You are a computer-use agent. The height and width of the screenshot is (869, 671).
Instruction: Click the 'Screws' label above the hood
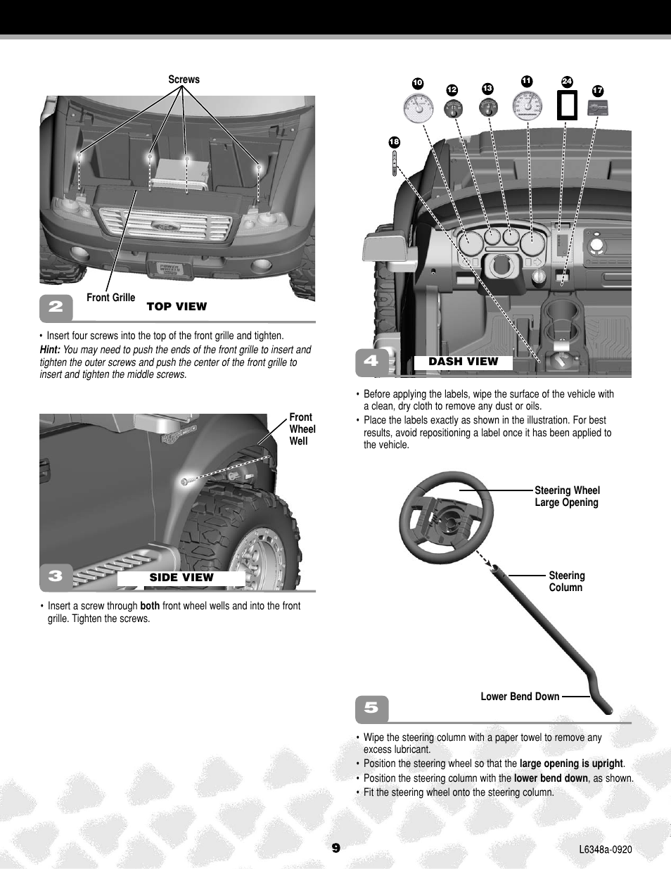pos(184,80)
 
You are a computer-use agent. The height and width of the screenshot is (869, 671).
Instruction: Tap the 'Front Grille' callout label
pos(110,298)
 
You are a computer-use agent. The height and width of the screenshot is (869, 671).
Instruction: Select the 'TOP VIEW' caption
pos(177,306)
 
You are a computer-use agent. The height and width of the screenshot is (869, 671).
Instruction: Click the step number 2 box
pos(56,307)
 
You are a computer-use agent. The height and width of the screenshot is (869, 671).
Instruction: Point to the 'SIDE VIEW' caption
pos(181,578)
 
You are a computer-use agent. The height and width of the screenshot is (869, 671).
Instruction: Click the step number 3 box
pos(56,576)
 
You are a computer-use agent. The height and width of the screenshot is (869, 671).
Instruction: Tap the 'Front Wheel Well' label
pos(302,429)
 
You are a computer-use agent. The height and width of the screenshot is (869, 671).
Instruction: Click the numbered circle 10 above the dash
pos(417,83)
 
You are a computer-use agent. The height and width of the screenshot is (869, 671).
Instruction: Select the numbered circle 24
pos(567,82)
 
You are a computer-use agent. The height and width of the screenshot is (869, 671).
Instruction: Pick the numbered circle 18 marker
pos(394,142)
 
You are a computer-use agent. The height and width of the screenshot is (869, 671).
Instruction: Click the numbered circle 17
pos(598,91)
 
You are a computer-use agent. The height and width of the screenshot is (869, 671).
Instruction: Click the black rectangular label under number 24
pos(567,106)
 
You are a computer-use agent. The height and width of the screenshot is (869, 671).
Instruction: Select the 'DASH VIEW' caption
pos(463,362)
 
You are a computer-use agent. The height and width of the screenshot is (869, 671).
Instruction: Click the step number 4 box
pos(371,361)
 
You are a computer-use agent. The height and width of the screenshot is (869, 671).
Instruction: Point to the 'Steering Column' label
pos(566,581)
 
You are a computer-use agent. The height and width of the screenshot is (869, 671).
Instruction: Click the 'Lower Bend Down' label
pos(520,697)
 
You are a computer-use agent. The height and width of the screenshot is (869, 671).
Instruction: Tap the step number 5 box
pos(371,708)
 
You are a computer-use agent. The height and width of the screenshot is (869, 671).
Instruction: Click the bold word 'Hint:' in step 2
pos(50,350)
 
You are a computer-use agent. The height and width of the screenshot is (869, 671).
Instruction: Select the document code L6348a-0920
pos(605,849)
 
